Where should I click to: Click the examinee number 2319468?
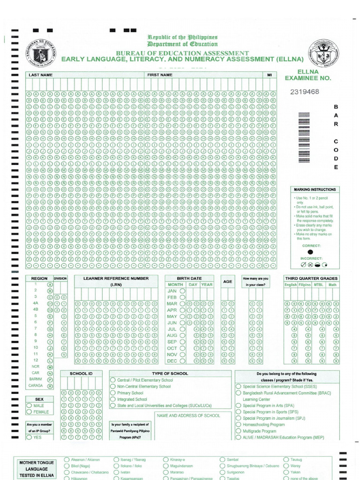point(304,91)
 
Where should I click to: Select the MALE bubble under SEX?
point(30,405)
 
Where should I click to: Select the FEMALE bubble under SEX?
point(30,412)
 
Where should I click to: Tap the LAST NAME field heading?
point(40,75)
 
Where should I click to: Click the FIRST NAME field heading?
point(160,75)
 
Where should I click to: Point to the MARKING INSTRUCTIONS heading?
point(315,189)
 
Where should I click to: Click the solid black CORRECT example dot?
point(310,252)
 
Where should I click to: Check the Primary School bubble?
point(113,393)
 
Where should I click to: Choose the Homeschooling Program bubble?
point(238,425)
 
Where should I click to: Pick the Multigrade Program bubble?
point(238,431)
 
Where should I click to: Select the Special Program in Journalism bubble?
point(238,418)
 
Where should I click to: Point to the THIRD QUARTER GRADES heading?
point(311,278)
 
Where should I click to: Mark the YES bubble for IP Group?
point(30,437)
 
